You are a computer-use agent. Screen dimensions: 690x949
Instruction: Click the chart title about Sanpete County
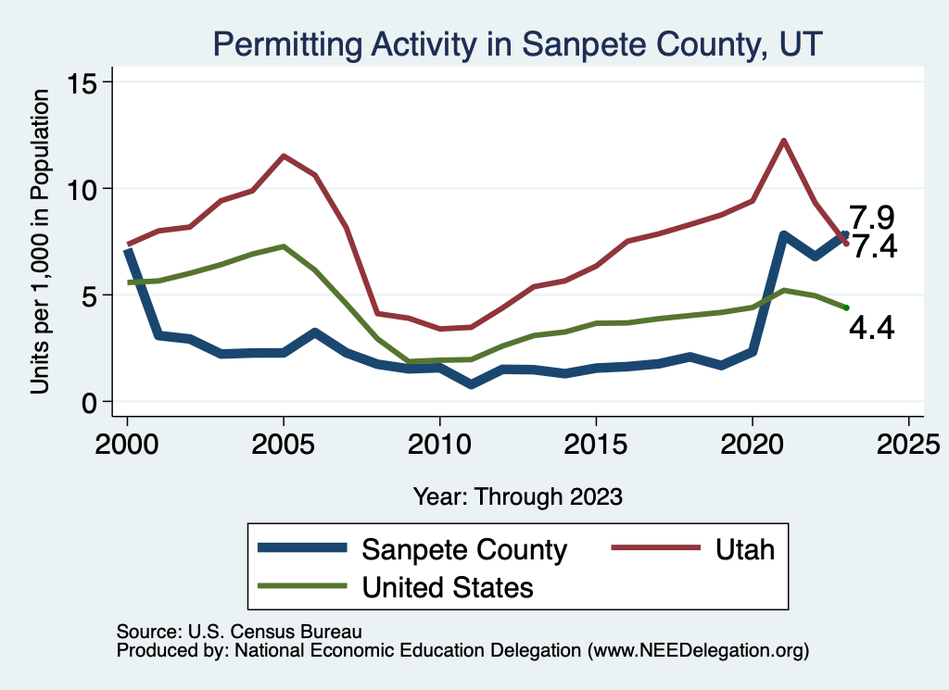[517, 44]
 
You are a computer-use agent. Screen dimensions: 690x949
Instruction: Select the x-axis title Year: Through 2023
[517, 496]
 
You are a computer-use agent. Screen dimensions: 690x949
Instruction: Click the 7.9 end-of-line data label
[872, 219]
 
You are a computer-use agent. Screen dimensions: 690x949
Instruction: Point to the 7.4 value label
[873, 247]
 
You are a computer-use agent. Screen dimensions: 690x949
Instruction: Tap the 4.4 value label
[871, 328]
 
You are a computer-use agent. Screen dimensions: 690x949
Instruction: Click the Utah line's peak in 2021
[784, 141]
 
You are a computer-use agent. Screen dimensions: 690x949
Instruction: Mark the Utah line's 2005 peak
[284, 156]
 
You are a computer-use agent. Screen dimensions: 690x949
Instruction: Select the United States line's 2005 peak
[284, 246]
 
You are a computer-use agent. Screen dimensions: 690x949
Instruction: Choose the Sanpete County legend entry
[463, 549]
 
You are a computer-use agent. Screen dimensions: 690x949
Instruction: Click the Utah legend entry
[744, 549]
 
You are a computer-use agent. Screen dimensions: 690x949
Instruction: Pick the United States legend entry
[448, 586]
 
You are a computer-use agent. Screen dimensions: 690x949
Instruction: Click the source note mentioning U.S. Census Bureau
[238, 632]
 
